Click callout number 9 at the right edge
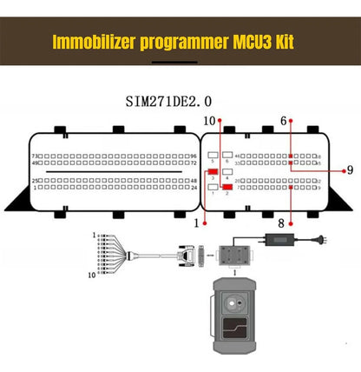pyautogui.click(x=349, y=169)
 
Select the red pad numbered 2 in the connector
pyautogui.click(x=226, y=186)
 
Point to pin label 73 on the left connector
pyautogui.click(x=35, y=156)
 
